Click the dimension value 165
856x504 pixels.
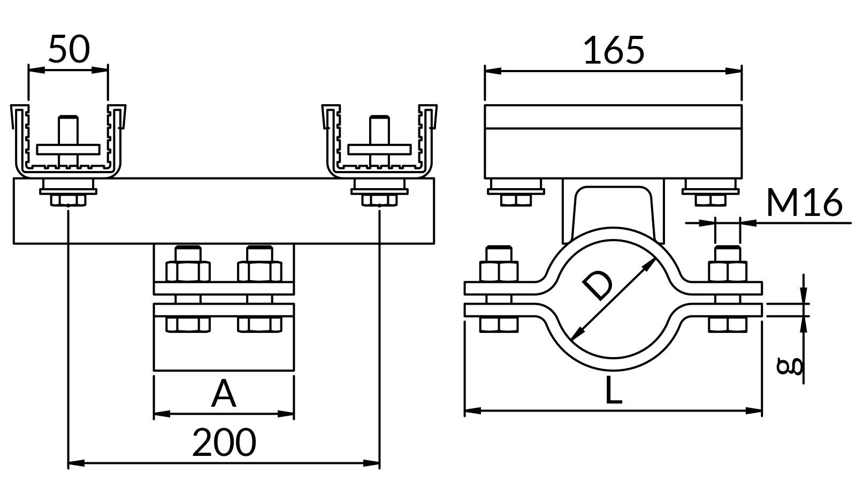614,50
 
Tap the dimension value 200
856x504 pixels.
224,443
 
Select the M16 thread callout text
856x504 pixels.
804,202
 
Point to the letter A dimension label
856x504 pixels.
224,394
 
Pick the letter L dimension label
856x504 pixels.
613,390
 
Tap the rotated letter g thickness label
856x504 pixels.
789,367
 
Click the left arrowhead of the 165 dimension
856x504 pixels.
493,71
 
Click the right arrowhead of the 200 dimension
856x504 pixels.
371,463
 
